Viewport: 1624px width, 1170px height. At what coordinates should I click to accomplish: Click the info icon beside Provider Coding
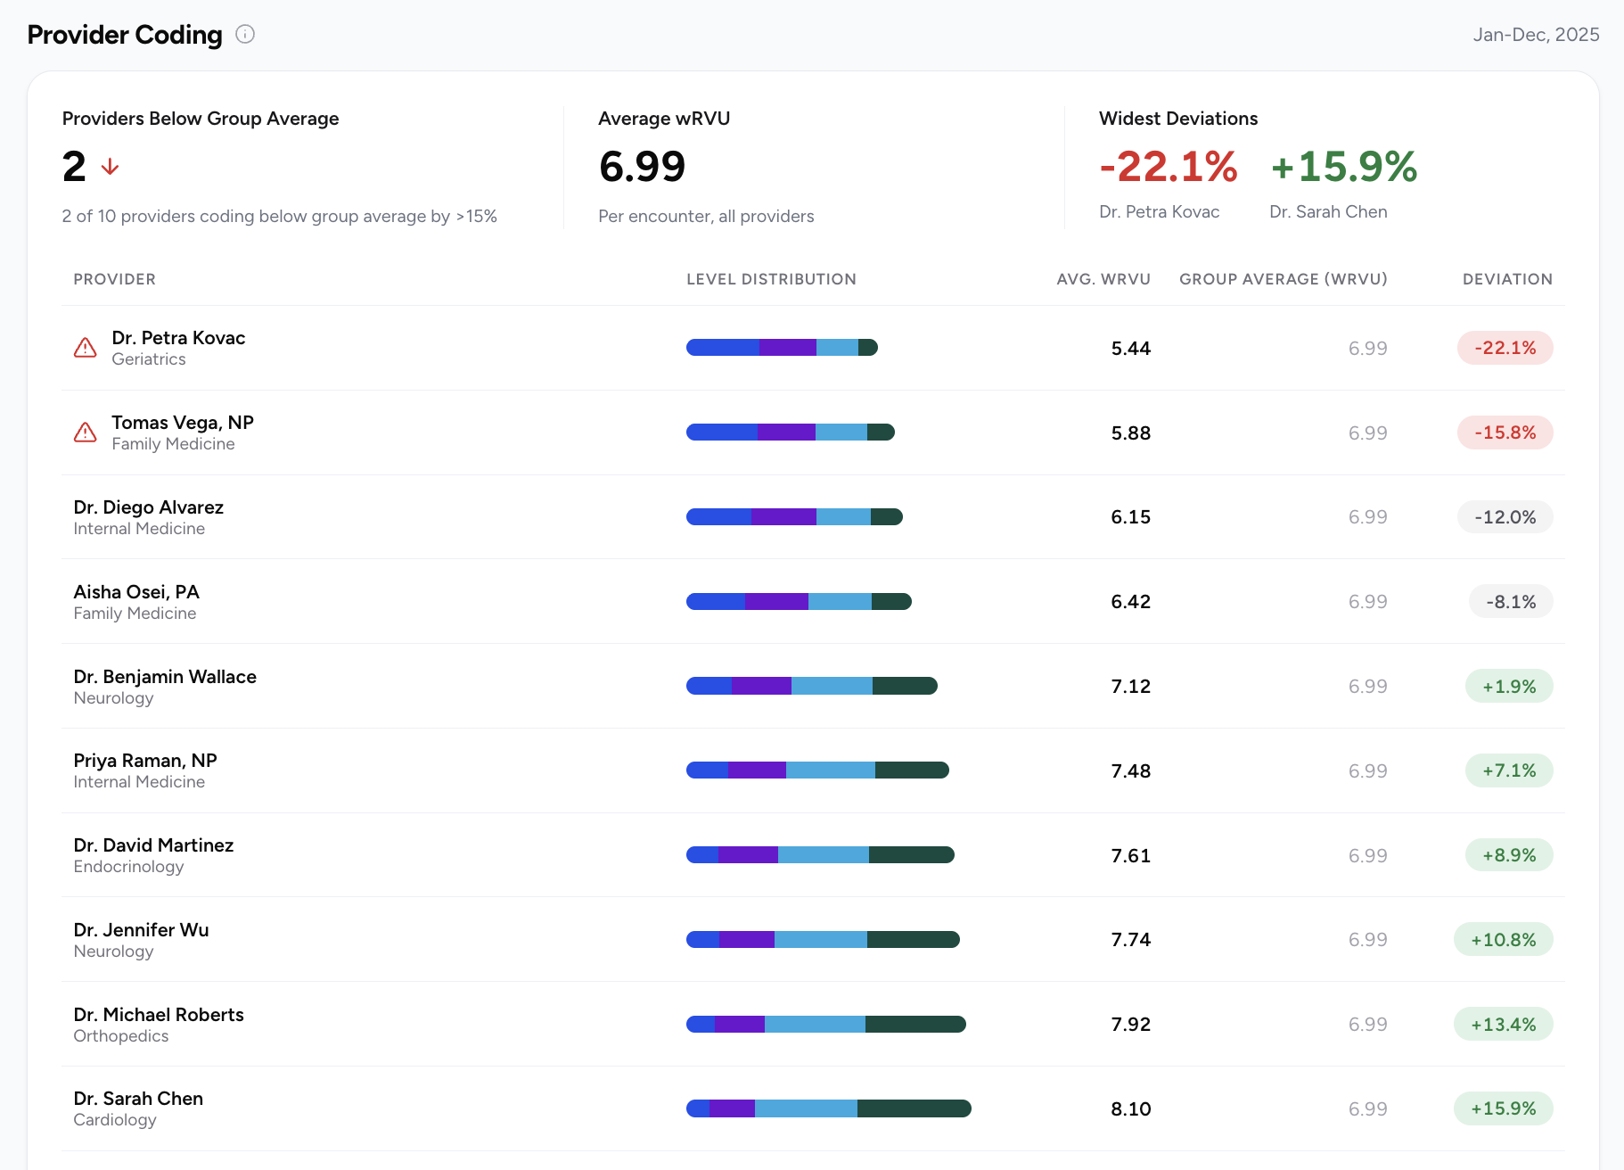245,34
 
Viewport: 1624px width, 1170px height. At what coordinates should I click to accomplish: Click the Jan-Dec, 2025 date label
1536,35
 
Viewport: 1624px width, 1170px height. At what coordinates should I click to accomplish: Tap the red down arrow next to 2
111,167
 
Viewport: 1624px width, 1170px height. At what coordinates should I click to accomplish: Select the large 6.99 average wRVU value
642,167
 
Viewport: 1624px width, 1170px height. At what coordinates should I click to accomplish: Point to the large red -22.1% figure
1169,167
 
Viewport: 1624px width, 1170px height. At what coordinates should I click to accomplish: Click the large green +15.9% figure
1344,167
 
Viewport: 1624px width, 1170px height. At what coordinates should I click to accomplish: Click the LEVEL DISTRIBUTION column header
771,279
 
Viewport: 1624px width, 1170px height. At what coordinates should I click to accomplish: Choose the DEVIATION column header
1507,279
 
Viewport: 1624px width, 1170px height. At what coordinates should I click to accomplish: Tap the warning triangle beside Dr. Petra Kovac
85,348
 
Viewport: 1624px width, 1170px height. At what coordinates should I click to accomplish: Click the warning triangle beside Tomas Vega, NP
85,433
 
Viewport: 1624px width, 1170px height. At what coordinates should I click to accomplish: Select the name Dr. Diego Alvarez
148,507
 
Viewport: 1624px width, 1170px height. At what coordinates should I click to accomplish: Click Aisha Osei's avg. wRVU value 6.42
1130,602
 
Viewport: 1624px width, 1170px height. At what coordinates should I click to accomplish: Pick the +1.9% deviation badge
1509,687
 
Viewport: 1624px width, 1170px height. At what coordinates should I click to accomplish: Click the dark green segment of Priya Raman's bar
912,770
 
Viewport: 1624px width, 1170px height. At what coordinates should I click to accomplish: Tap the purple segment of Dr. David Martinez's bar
748,855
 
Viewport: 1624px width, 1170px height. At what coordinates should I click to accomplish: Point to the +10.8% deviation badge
1504,940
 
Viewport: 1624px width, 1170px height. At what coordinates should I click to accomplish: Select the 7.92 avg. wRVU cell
1130,1025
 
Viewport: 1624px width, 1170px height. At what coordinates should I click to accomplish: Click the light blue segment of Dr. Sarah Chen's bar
806,1108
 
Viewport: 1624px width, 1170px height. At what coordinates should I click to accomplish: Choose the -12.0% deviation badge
1505,517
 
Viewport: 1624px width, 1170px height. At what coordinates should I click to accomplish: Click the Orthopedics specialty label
120,1036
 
